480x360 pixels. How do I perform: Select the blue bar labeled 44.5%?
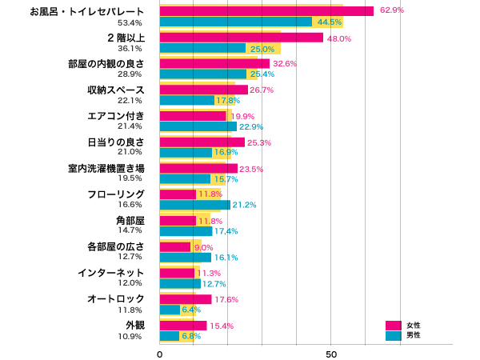(235, 22)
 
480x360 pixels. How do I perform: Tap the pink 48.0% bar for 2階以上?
(241, 38)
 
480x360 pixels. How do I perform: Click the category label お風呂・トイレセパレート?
(98, 11)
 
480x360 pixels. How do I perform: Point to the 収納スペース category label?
(115, 90)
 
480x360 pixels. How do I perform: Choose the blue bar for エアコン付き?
(198, 126)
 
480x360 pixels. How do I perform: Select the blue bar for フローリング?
(194, 205)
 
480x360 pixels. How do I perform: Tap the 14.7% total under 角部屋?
(130, 231)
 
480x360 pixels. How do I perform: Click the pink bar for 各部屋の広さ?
(175, 247)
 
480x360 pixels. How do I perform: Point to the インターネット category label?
(110, 273)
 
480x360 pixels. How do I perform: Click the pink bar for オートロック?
(185, 299)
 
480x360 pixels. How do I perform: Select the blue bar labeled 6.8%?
(170, 336)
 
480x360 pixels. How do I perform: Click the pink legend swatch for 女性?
(394, 325)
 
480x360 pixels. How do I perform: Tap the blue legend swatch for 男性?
(394, 335)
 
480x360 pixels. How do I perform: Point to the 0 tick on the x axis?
(160, 353)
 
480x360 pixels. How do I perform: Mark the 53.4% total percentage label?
(130, 22)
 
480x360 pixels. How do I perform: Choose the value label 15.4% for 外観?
(221, 326)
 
